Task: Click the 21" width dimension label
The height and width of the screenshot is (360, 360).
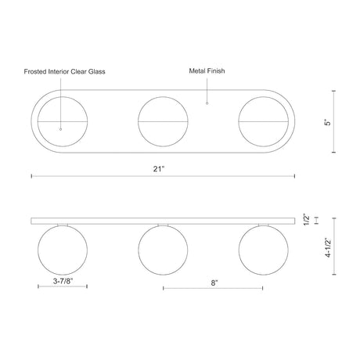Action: pos(159,169)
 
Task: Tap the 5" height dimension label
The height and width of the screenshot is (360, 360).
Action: pos(328,122)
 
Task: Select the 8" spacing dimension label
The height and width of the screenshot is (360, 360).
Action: pos(214,283)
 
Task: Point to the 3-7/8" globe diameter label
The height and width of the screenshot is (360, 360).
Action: pos(63,281)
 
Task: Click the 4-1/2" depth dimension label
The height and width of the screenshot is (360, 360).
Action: pos(328,247)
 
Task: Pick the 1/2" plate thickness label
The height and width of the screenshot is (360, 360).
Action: pos(308,220)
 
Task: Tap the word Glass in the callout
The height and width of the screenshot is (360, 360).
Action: pos(96,72)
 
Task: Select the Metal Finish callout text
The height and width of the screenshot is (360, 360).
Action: pos(207,71)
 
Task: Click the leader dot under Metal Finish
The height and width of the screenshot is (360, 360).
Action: pos(207,103)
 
